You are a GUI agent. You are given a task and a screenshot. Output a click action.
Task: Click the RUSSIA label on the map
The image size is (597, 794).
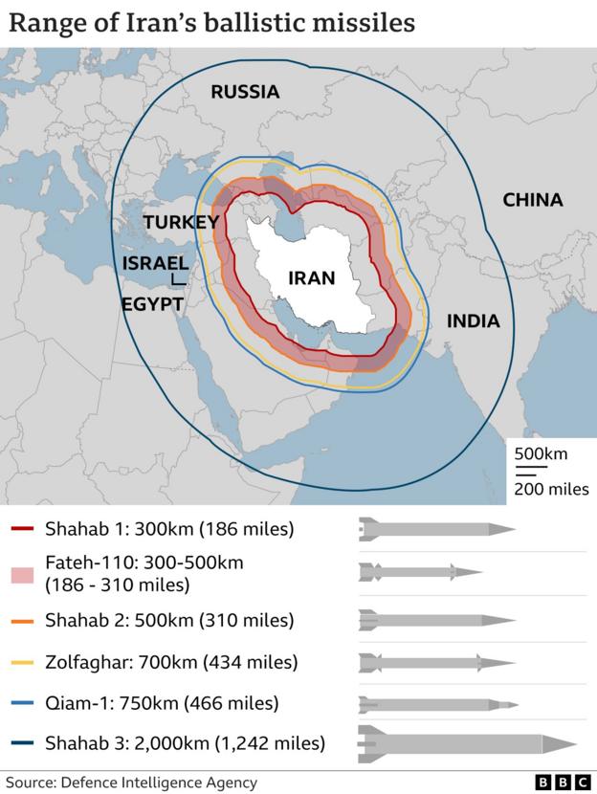[245, 92]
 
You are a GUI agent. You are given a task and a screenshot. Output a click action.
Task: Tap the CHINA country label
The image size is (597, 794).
[533, 200]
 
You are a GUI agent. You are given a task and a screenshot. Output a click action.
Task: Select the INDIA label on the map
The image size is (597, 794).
[473, 320]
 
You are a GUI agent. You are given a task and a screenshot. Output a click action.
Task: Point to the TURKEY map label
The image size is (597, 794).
[182, 222]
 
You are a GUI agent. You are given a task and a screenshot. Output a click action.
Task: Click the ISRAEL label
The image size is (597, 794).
[155, 263]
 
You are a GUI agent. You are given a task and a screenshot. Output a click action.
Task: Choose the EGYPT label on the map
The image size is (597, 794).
[152, 304]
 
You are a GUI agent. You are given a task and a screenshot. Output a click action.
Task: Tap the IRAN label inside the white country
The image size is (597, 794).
[312, 278]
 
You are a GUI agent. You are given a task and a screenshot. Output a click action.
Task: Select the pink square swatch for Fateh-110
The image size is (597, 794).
[23, 573]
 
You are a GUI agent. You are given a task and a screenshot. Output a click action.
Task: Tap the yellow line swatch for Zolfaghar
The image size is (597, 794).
[23, 662]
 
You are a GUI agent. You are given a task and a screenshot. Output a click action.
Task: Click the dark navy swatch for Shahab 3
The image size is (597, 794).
[23, 743]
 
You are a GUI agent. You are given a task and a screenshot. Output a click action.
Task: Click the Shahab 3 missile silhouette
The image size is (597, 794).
[466, 743]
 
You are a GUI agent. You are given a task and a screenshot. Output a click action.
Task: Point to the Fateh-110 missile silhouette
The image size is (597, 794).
[420, 573]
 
